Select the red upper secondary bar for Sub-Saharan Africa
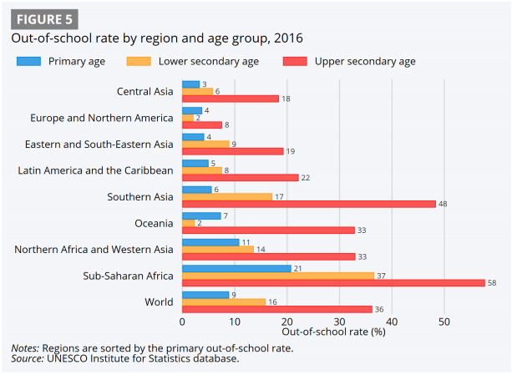[333, 282]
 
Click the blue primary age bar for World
[205, 295]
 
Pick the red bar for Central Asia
[231, 99]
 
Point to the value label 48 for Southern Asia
[444, 204]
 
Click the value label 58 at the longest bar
[492, 282]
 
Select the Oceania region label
[154, 223]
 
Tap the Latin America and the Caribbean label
[96, 170]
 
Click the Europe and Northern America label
[102, 119]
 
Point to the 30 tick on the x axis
[339, 320]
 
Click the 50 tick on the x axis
[444, 320]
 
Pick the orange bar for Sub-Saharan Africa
[278, 275]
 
